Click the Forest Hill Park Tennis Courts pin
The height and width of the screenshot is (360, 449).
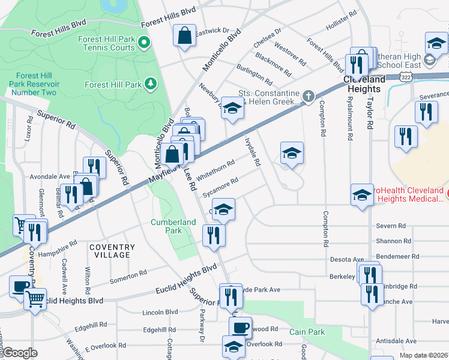tap(144, 43)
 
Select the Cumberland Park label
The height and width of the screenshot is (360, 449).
tap(173, 226)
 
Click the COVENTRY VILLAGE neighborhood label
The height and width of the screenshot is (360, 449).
tap(109, 251)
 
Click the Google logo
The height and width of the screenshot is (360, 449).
tap(19, 353)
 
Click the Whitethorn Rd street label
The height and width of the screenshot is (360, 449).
tap(215, 169)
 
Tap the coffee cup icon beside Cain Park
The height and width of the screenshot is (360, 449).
tap(240, 327)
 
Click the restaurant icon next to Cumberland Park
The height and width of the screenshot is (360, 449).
tap(212, 235)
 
